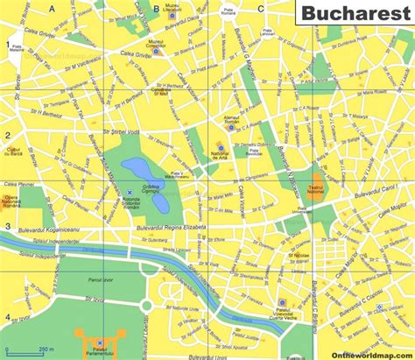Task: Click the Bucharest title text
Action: click(355, 16)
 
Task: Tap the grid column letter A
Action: click(51, 8)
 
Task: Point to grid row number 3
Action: click(8, 227)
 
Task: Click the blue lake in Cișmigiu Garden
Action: click(138, 169)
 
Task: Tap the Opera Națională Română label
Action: click(17, 202)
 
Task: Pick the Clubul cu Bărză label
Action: click(14, 152)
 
